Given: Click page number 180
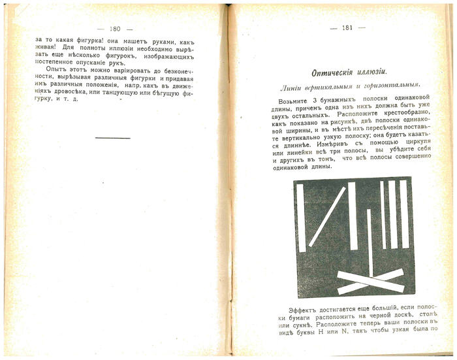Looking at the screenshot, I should (114, 28).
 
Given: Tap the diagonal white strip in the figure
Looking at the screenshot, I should (326, 216).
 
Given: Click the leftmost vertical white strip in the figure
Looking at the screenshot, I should (300, 216).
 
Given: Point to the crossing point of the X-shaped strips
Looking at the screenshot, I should (370, 281).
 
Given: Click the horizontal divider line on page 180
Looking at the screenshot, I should (112, 138).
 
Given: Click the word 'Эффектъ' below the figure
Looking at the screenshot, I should (302, 311).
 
